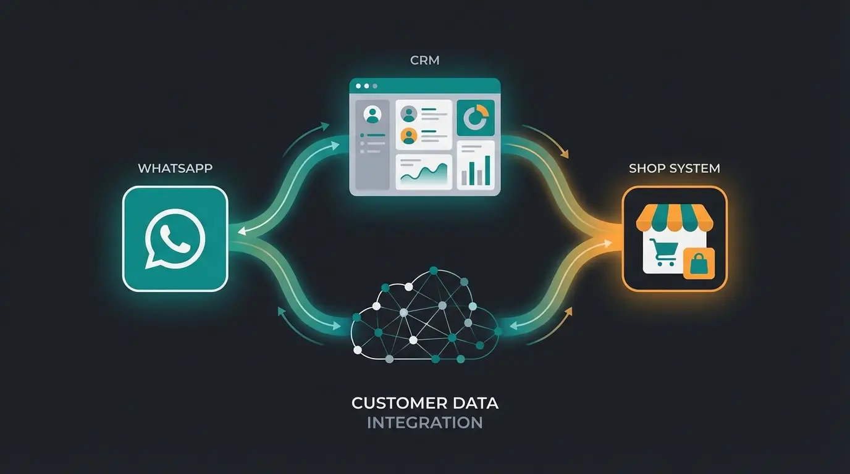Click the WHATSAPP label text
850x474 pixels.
tap(175, 168)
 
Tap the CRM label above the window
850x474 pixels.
tap(424, 61)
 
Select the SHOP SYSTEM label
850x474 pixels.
tap(674, 168)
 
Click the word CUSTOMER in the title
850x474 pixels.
tap(395, 404)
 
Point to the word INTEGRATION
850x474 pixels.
tap(424, 423)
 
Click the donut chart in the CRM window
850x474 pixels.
tap(476, 117)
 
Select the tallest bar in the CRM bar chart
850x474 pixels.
tap(487, 170)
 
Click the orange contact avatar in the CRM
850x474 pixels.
tap(408, 135)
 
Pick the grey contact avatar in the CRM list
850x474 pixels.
tap(408, 114)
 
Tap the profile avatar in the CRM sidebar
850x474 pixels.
tap(371, 114)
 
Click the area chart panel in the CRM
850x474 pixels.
tap(424, 171)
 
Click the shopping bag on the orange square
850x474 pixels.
tap(698, 264)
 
